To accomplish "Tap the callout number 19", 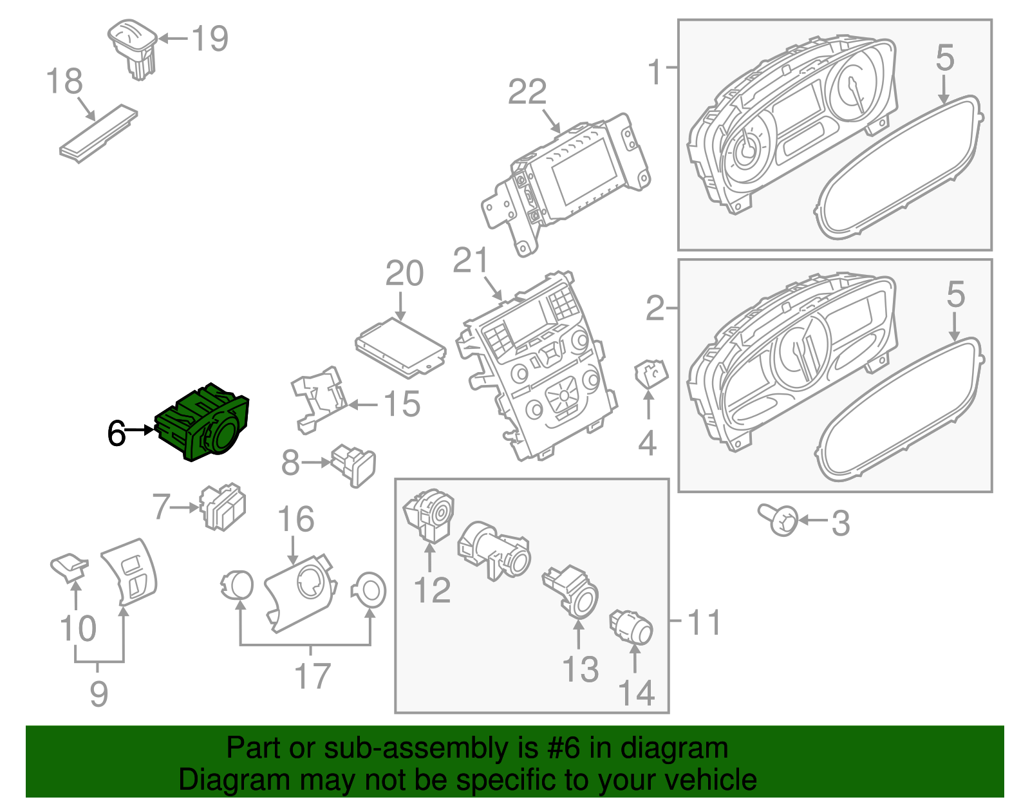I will (x=210, y=39).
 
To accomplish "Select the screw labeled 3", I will (x=780, y=520).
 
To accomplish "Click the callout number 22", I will (x=527, y=92).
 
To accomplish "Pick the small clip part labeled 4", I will (x=651, y=373).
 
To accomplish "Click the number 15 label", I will (x=402, y=404).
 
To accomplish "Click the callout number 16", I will (x=295, y=519).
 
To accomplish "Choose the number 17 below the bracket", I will (x=312, y=676).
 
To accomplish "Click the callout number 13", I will (x=581, y=669).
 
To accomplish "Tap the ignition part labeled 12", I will (x=429, y=516).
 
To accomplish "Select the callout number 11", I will (x=704, y=622).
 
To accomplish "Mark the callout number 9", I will (x=98, y=693).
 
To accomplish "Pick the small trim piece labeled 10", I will (x=69, y=568).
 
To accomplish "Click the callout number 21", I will (x=471, y=261).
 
